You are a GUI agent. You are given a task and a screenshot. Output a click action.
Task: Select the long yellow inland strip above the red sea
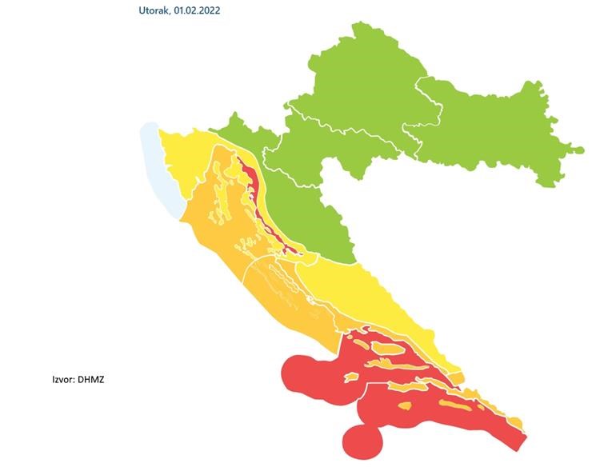376,304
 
